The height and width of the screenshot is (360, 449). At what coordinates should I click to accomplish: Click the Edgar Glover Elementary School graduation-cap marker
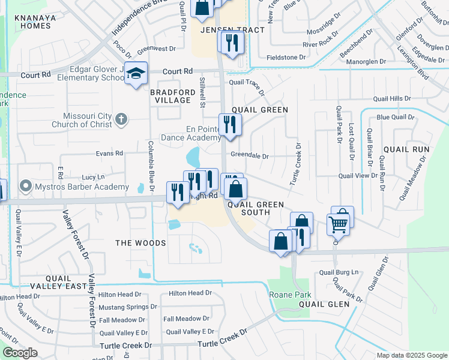click(x=136, y=73)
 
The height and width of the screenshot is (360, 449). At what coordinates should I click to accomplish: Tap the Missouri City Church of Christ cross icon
click(x=121, y=119)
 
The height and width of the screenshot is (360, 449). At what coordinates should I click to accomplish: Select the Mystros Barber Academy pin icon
click(x=26, y=186)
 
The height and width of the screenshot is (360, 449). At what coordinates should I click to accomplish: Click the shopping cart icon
click(x=339, y=224)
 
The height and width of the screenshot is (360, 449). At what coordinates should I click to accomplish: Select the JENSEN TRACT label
click(x=224, y=29)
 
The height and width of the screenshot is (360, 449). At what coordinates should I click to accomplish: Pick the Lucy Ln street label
click(x=93, y=177)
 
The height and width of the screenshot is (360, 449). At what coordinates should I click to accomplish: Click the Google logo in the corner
click(x=20, y=353)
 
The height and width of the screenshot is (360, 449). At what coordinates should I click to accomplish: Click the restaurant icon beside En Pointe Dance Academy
click(x=230, y=124)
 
